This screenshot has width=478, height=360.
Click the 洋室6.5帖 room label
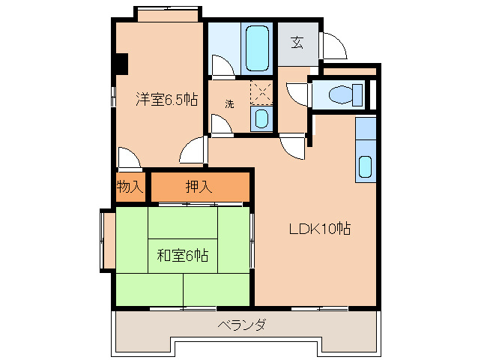tap(167, 99)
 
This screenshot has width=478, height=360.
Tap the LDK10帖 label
tap(320, 229)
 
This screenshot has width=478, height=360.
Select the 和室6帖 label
tap(183, 255)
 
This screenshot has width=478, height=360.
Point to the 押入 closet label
tap(199, 187)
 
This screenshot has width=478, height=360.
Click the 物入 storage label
tap(130, 187)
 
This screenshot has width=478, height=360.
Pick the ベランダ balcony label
tap(241, 325)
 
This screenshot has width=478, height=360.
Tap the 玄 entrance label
tap(297, 43)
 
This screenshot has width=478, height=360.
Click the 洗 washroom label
tap(229, 104)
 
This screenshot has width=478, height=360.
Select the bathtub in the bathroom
tap(257, 48)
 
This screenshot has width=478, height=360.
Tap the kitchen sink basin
tap(365, 167)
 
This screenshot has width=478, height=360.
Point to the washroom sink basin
tap(261, 118)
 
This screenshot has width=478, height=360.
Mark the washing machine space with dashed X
tap(261, 92)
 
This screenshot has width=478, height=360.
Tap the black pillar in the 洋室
tap(122, 64)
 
